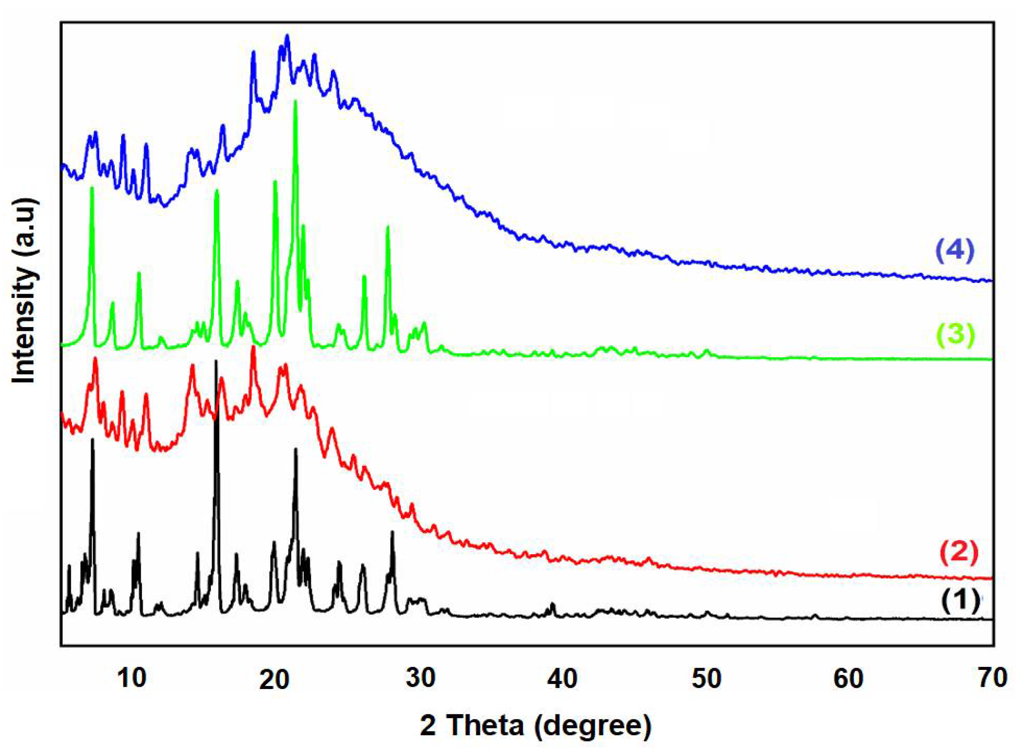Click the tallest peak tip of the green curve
point(295,102)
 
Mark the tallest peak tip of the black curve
point(216,361)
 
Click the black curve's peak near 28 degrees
point(392,532)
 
